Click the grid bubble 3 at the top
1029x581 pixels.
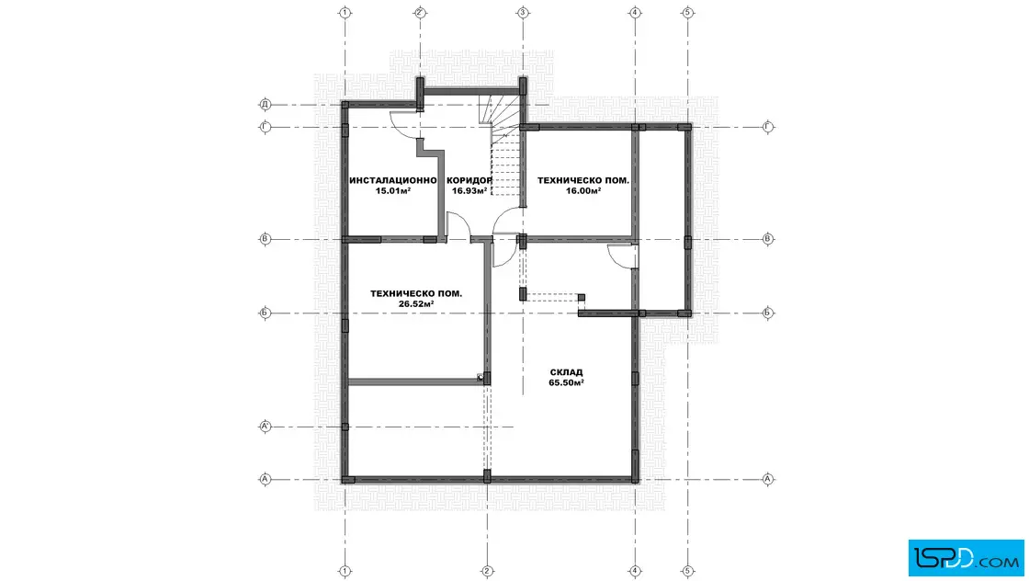point(523,13)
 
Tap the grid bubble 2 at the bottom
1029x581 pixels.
point(487,571)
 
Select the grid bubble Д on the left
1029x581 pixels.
point(266,105)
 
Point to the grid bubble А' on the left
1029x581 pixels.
point(266,427)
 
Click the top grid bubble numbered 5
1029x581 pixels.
point(687,13)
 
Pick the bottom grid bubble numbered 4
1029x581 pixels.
point(635,571)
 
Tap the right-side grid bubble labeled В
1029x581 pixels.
point(768,239)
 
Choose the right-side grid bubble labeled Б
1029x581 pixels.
point(768,313)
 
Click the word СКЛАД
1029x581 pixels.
point(566,372)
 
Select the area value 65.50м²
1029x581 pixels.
point(566,382)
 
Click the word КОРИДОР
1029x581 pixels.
point(469,180)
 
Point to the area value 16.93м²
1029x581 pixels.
point(469,191)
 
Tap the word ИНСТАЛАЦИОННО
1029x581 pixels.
point(393,180)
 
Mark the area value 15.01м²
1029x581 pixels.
point(393,191)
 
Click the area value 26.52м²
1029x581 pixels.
point(416,304)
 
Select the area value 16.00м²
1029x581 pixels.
point(583,191)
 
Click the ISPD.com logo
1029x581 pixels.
point(966,558)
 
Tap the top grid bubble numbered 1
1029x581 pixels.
point(345,13)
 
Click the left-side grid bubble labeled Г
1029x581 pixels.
point(266,127)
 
